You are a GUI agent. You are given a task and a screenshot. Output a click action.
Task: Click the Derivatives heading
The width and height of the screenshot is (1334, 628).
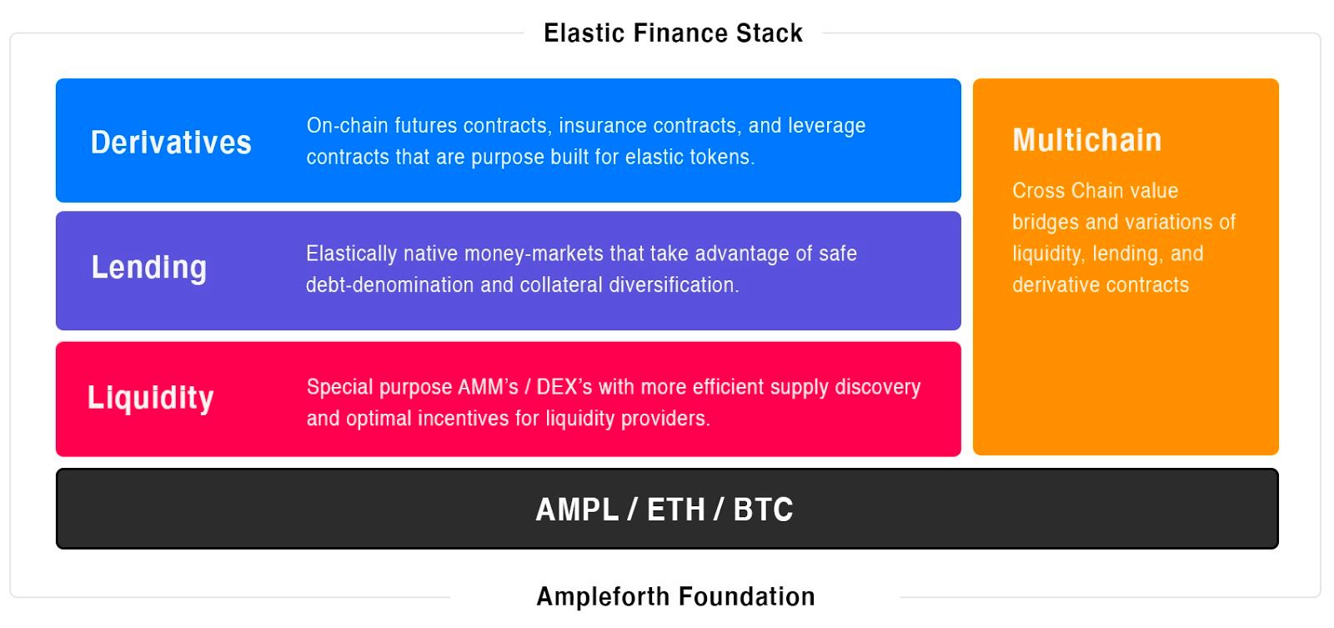pyautogui.click(x=171, y=143)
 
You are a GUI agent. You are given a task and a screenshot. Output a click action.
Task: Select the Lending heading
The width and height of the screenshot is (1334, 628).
pyautogui.click(x=149, y=267)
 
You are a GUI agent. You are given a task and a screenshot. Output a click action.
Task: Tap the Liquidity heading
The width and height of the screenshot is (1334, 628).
pyautogui.click(x=150, y=398)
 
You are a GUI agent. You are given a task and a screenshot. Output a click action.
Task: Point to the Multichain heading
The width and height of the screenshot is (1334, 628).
pyautogui.click(x=1087, y=140)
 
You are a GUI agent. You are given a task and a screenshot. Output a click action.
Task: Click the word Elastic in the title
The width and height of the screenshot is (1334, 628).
pyautogui.click(x=584, y=33)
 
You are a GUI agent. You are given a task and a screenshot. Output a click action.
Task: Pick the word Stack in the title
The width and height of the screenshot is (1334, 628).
pyautogui.click(x=770, y=33)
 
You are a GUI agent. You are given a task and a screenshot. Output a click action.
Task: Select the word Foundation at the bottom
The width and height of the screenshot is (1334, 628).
pyautogui.click(x=746, y=596)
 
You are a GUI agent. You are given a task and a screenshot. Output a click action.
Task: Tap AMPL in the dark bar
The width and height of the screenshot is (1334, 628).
pyautogui.click(x=576, y=510)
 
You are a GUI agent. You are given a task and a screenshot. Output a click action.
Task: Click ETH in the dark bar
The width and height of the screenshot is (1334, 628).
pyautogui.click(x=676, y=510)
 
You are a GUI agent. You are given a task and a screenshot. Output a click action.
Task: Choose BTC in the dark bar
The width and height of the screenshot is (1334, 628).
pyautogui.click(x=763, y=510)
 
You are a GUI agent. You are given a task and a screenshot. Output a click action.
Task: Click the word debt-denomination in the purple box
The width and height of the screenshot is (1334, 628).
pyautogui.click(x=389, y=284)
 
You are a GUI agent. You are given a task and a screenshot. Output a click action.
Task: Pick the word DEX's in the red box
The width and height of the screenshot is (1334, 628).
pyautogui.click(x=564, y=387)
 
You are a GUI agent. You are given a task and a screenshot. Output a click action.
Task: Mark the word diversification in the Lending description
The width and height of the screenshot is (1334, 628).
pyautogui.click(x=674, y=284)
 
